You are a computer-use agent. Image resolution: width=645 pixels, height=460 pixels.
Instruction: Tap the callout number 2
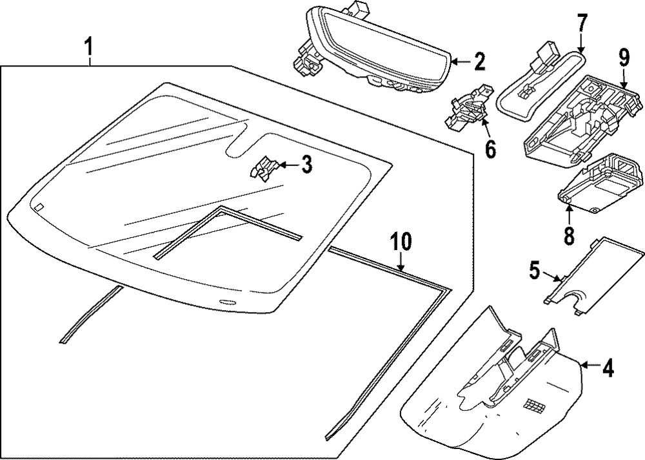click(479, 62)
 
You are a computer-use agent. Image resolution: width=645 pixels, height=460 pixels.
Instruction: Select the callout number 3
click(306, 165)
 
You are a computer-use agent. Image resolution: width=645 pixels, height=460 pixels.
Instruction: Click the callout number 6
click(490, 150)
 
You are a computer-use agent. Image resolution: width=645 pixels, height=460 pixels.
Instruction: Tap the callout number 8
click(568, 235)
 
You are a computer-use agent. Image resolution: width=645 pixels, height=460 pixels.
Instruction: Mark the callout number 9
click(623, 59)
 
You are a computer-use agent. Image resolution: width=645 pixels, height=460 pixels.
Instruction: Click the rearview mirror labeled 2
click(374, 48)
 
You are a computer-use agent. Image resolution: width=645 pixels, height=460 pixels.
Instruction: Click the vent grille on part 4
click(534, 405)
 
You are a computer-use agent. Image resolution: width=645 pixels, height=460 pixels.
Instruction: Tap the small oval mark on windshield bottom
click(227, 303)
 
